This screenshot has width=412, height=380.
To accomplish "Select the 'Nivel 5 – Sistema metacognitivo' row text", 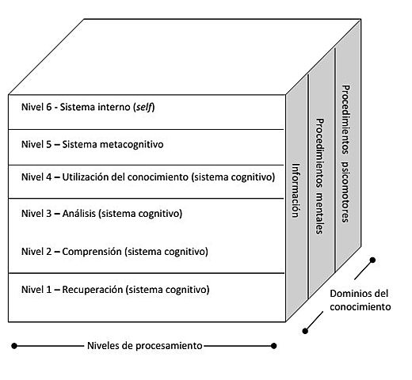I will point(97,144).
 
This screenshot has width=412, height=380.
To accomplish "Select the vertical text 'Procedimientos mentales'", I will point(320,176).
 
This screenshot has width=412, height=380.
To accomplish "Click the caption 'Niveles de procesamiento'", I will point(144,345).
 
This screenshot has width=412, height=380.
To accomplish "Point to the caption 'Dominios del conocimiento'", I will point(359,300).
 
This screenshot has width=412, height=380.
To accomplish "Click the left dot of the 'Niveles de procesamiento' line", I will point(14,345).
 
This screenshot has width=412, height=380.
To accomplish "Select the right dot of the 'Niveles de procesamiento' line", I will point(275,345).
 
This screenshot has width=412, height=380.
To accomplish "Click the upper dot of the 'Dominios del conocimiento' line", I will point(372,259).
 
